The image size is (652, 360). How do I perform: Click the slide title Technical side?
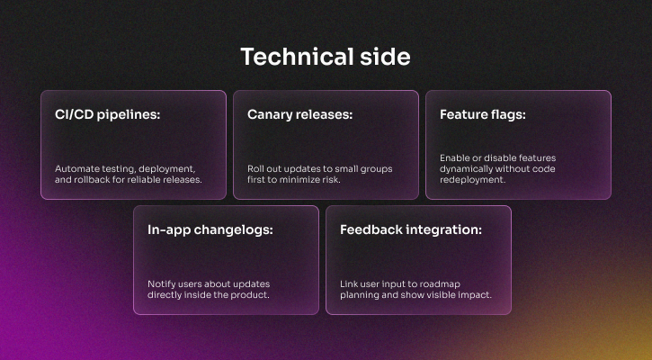[326, 57]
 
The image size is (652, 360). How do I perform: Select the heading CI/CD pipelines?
[107, 114]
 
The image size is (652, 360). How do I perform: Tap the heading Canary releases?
[299, 114]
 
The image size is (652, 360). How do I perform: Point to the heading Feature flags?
[483, 114]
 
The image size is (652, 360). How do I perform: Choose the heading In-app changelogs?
[210, 229]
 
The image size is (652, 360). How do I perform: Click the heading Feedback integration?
[411, 229]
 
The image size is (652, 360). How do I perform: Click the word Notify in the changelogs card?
[163, 283]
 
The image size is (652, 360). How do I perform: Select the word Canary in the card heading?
[272, 114]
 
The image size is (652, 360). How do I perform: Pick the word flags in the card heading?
[506, 114]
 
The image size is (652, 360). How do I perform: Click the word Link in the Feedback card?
[349, 283]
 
